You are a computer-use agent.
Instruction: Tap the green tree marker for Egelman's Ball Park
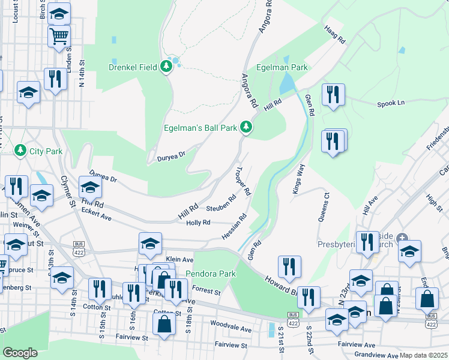[245, 127]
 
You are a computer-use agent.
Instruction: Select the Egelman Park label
[282, 68]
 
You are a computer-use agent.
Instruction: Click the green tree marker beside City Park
[20, 149]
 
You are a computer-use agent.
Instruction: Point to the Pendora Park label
[211, 274]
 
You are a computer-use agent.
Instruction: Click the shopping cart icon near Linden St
[59, 37]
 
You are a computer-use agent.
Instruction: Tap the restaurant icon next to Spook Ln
[333, 95]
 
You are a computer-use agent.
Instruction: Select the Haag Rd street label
[335, 37]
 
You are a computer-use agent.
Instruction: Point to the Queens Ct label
[322, 207]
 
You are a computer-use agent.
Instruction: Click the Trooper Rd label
[243, 184]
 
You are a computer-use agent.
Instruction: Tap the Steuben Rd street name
[221, 203]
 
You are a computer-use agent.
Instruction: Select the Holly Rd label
[198, 223]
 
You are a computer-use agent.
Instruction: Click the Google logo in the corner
[20, 353]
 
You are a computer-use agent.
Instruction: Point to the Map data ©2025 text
[423, 355]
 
